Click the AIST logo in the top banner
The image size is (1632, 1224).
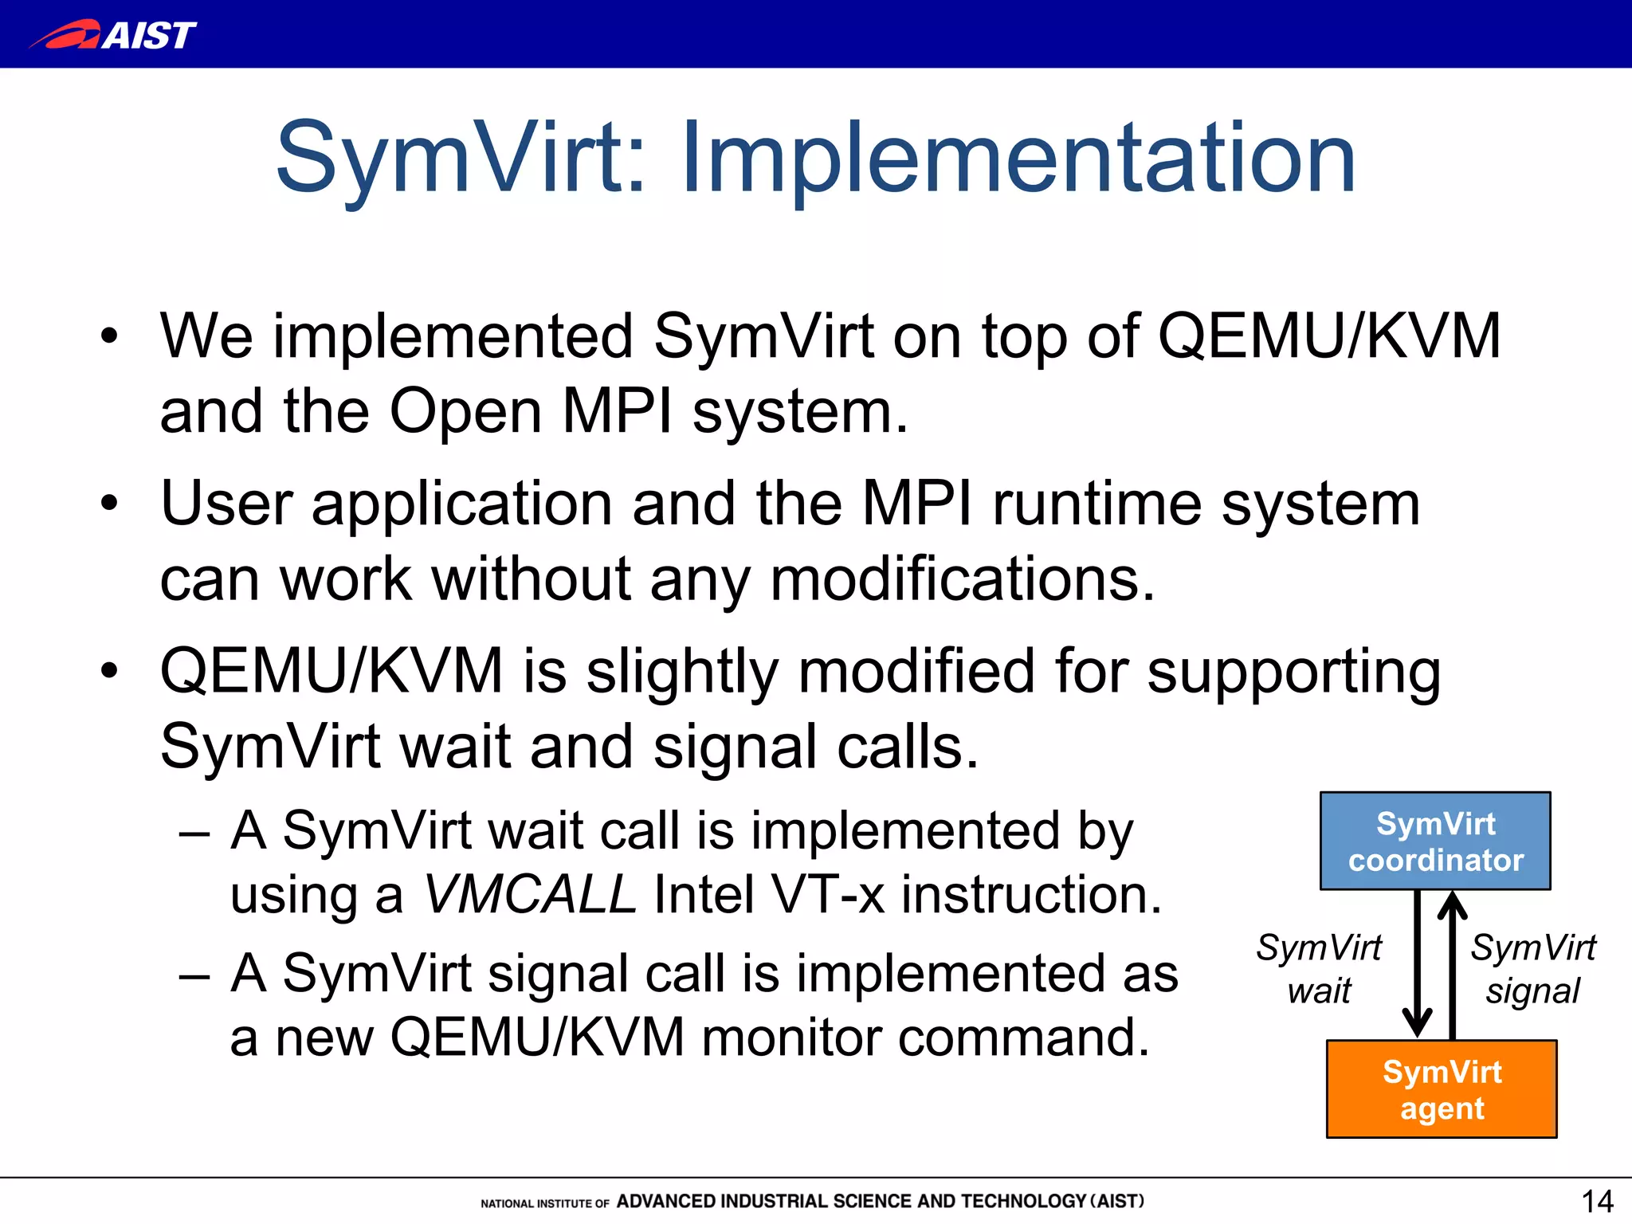click(113, 34)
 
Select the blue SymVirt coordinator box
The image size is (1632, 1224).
click(1435, 841)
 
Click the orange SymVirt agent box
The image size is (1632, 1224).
click(1441, 1089)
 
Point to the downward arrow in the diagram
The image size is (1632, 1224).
click(1417, 964)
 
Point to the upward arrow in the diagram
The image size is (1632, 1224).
click(1453, 964)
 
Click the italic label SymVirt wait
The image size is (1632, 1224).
click(1319, 969)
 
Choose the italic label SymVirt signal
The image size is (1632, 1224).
click(1532, 969)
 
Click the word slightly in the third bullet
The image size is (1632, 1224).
click(682, 671)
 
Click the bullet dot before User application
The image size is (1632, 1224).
click(109, 504)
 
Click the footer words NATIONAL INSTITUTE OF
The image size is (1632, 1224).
click(545, 1203)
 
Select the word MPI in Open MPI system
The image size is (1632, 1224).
click(617, 411)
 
